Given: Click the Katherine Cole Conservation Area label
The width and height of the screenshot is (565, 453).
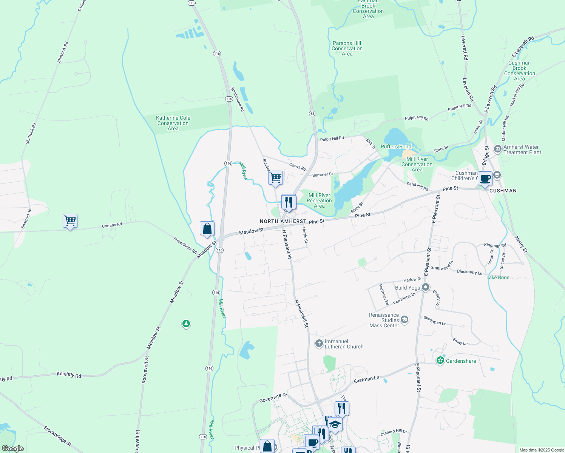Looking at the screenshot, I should pos(173,123).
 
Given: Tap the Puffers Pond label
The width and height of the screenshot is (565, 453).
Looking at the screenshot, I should pos(396,146).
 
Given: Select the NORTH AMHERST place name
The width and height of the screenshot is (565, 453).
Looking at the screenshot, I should pos(283,221).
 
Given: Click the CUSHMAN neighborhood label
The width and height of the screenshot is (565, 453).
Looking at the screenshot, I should pos(503,191).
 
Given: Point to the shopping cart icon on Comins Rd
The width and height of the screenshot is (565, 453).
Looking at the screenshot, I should pos(70,221).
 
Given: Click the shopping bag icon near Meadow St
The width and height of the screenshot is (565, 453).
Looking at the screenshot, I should pos(207,228).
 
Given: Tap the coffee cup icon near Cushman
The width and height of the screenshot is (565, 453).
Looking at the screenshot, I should pos(485,179).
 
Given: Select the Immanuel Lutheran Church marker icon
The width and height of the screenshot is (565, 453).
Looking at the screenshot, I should pos(319,344).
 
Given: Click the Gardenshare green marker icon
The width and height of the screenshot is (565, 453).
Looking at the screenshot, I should pos(440,361).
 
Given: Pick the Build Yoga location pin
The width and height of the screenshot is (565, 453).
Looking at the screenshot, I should pos(426,288).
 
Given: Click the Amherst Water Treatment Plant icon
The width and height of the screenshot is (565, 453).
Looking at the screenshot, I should pos(497,149).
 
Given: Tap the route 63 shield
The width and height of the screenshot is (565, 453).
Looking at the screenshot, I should pos(312,113).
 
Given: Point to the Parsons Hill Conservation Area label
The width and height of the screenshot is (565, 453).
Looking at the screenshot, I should pos(347,48).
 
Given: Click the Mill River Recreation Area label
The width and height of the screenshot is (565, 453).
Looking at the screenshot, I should pos(319,200).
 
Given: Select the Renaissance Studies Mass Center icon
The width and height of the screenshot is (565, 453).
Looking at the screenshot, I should pos(404,320).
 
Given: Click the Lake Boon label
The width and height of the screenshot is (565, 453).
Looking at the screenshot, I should pos(498,277).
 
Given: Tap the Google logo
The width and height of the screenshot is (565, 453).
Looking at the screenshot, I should pos(12,448).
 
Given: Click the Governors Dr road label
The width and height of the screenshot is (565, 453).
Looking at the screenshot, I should pos(273,398).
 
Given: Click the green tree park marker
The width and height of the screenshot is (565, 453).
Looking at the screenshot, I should pos(186,324).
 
